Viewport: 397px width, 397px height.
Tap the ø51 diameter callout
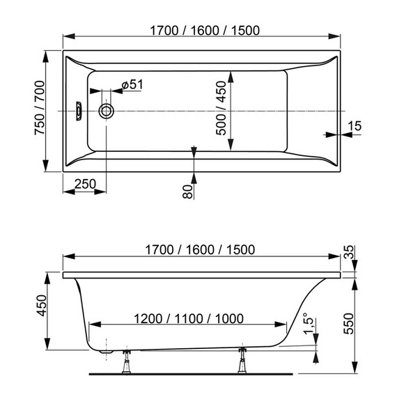tap(132, 84)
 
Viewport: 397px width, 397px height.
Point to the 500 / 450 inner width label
tap(221, 111)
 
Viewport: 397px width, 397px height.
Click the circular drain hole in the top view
tap(107, 111)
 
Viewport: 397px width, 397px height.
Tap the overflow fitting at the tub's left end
tap(79, 111)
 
